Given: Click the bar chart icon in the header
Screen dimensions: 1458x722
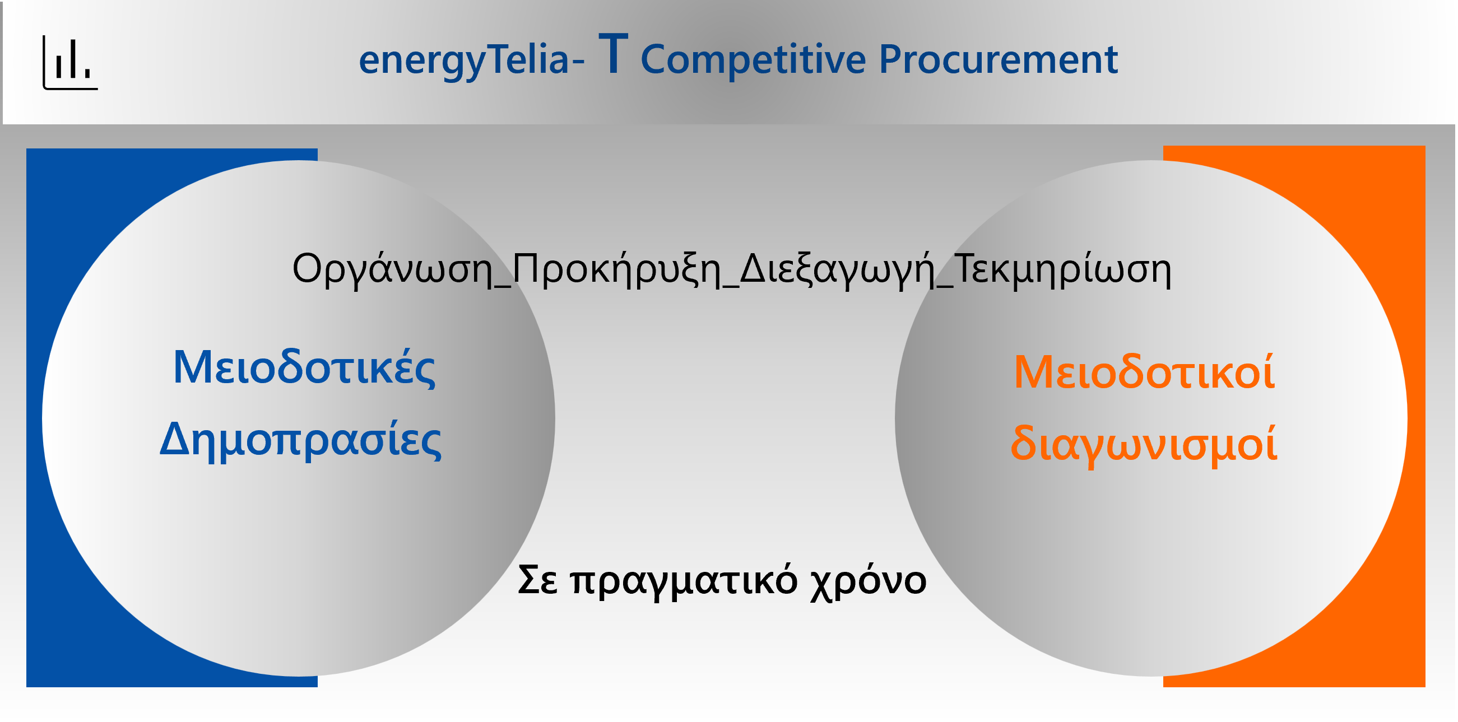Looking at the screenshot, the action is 70,62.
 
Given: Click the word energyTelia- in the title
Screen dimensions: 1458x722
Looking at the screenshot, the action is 471,60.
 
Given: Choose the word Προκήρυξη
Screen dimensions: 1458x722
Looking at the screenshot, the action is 617,269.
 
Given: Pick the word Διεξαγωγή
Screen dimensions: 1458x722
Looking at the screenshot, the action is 838,269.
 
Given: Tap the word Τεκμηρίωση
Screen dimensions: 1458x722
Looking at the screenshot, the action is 1063,269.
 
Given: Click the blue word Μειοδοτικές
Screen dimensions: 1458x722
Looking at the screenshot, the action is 304,368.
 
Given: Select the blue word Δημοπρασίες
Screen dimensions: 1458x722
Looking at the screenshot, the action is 300,440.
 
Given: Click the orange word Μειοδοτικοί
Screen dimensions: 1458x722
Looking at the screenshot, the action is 1144,371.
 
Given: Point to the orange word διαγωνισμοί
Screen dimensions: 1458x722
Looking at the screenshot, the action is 1144,443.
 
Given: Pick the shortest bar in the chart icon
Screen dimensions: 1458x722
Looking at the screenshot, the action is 87,73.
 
